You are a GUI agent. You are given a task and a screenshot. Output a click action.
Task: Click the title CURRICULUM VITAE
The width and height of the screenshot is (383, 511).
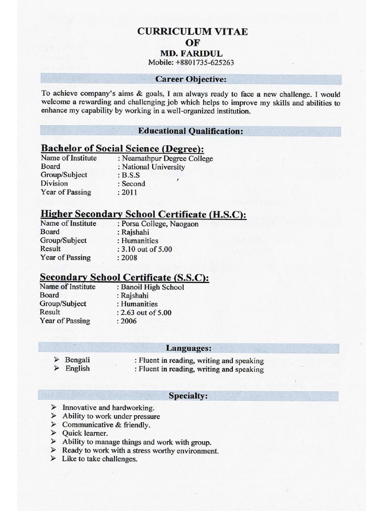coord(192,31)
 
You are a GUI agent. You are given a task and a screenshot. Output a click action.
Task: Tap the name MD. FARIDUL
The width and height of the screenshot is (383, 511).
coord(191,53)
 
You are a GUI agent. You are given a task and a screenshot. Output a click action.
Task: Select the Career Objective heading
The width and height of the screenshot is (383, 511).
coord(191,79)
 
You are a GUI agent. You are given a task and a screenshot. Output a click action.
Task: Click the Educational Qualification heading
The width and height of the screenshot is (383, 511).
coord(191,131)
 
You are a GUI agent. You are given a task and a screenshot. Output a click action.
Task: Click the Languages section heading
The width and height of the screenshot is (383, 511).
coord(189,348)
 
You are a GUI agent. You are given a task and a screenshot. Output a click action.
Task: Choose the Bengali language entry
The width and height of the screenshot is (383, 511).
coord(77,360)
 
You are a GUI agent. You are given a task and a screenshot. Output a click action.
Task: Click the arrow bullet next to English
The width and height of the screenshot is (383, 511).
coord(56,368)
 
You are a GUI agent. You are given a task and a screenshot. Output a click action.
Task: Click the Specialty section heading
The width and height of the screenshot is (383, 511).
coord(188,396)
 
